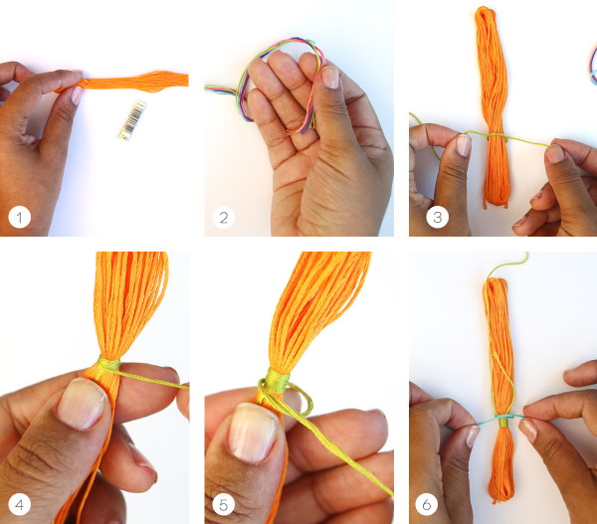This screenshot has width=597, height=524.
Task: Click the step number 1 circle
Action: click(x=20, y=218)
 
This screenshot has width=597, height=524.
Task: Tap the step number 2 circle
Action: click(x=224, y=218)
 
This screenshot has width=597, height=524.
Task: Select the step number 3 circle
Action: click(x=437, y=218)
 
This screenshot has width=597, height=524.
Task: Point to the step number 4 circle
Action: click(x=20, y=504)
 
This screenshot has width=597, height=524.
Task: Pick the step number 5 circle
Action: click(x=224, y=504)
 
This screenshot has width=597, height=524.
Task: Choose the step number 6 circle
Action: click(x=427, y=504)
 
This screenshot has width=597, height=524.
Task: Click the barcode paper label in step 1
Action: click(x=132, y=120)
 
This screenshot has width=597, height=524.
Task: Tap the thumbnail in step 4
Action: click(x=82, y=403)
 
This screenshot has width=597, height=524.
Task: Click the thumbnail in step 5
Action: click(x=254, y=432)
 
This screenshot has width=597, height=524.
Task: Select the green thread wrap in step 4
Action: click(x=108, y=364)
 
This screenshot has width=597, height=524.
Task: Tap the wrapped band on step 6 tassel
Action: click(x=503, y=422)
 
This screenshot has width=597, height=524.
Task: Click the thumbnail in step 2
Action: click(x=330, y=78)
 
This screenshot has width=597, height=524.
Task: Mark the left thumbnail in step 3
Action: click(x=464, y=145)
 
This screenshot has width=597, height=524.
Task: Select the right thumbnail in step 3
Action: click(x=554, y=154)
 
